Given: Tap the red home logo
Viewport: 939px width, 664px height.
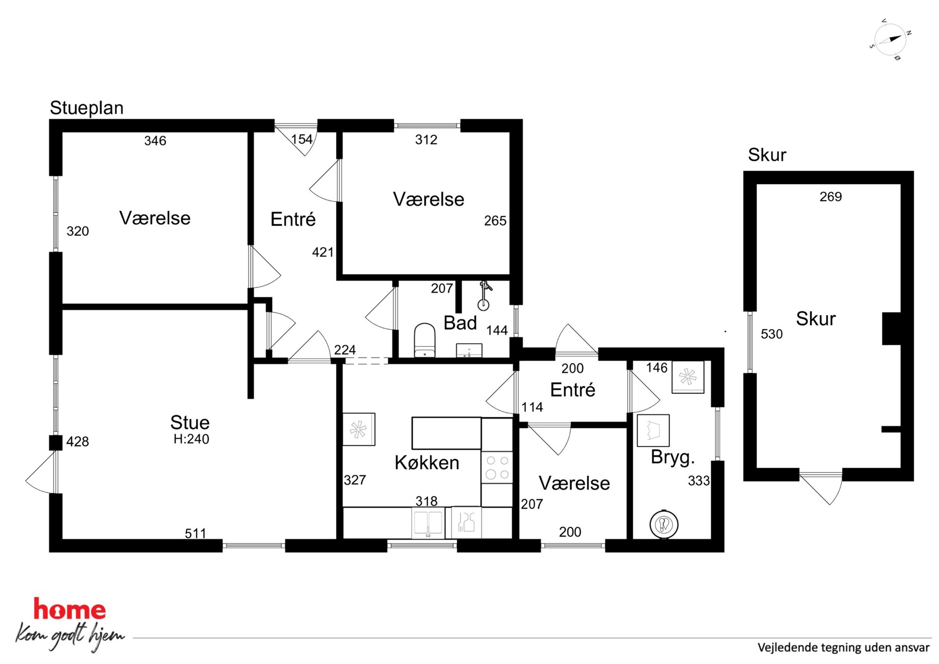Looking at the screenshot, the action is click(x=70, y=610).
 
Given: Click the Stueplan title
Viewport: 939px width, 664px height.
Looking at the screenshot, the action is click(x=87, y=108).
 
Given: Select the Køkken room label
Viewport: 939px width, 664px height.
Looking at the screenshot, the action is click(x=427, y=462).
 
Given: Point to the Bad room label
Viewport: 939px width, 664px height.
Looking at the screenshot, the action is click(x=460, y=323).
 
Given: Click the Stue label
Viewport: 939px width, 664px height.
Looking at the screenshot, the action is click(x=190, y=422).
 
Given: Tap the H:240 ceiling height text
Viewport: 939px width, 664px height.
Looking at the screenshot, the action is click(x=191, y=439).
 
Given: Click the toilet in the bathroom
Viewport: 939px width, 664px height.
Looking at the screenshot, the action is click(x=425, y=340).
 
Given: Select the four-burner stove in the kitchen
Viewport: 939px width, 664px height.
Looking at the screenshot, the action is click(x=497, y=467).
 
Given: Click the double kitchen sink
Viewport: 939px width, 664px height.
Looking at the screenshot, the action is click(x=428, y=522).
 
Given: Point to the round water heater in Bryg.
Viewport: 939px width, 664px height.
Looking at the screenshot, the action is click(x=664, y=524).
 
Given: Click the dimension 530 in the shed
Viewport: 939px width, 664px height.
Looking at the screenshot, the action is click(x=771, y=334).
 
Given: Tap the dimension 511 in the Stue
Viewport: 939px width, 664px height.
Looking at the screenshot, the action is click(x=195, y=533).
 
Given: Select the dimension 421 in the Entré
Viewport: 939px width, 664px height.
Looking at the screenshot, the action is click(x=323, y=252).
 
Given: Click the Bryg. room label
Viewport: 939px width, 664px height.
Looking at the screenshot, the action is click(x=673, y=457).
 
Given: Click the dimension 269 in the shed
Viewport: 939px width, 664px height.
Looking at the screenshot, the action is click(x=831, y=197).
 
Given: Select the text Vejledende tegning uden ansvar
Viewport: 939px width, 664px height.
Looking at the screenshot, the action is click(x=843, y=647).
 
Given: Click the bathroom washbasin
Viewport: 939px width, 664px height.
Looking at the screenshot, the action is click(x=469, y=350).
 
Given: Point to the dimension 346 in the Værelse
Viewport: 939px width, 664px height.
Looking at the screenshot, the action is click(x=155, y=141).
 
